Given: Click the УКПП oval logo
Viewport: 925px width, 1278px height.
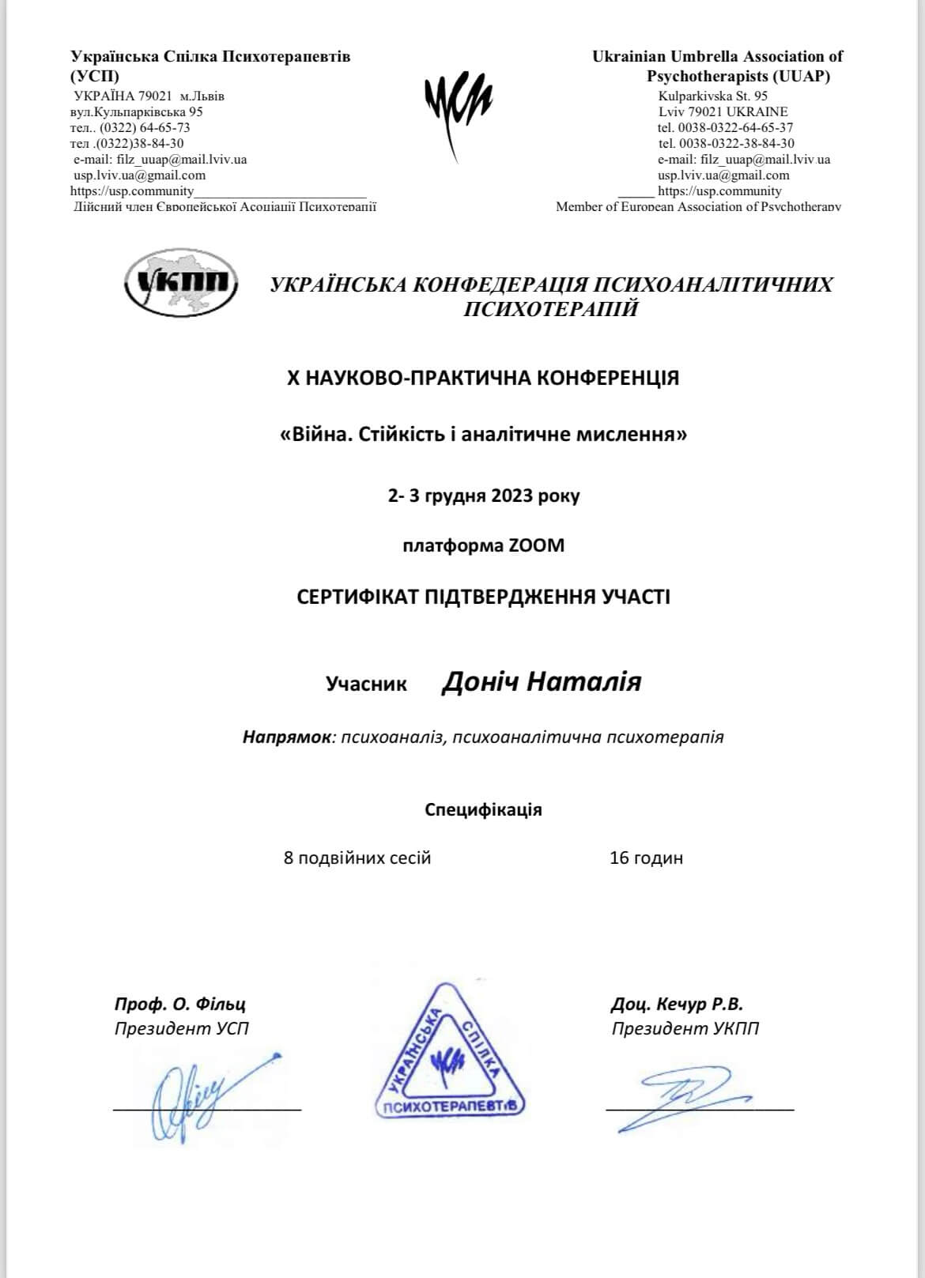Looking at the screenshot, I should click(181, 282).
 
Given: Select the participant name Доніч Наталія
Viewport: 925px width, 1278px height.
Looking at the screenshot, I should click(541, 681).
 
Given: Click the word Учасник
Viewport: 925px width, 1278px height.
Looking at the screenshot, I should click(366, 684).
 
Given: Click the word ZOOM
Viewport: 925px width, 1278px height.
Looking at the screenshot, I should click(536, 545).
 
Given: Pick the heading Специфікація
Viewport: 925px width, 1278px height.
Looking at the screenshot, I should click(483, 809).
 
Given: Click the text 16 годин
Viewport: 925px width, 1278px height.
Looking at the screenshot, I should click(646, 858).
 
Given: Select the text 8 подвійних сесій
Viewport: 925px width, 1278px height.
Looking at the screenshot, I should click(357, 858).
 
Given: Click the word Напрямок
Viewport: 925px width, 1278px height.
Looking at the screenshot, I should click(286, 737).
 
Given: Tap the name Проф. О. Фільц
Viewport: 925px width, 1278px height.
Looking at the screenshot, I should click(179, 1004).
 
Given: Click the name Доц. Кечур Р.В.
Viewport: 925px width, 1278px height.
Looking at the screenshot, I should click(677, 1004).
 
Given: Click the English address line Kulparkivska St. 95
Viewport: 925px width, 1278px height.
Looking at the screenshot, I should click(712, 96).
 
